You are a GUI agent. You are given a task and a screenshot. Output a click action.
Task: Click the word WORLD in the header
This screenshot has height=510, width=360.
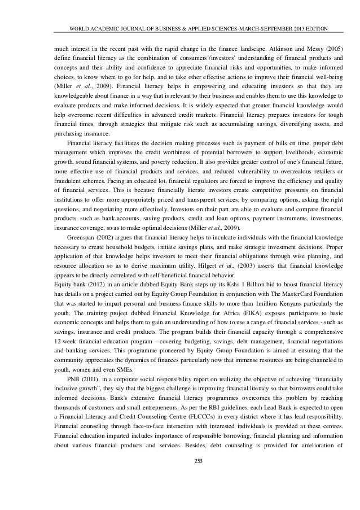(x=77, y=29)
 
